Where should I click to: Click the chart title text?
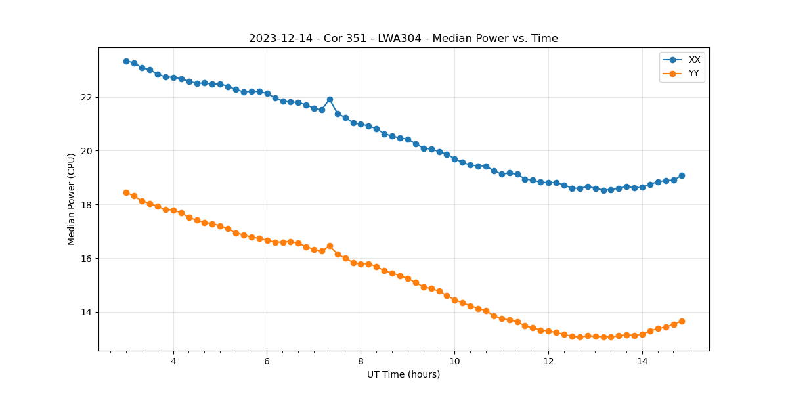403,39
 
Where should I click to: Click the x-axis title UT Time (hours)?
403,374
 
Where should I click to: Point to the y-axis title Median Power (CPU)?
72,199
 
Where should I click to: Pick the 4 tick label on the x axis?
173,361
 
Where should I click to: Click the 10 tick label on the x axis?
454,361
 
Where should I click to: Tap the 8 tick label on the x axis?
361,361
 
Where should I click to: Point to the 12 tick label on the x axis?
548,361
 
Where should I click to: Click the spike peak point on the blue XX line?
330,99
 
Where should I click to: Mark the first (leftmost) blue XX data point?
126,61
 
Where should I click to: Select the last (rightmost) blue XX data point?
682,175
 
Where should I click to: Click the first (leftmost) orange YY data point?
126,192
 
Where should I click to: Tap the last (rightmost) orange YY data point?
682,321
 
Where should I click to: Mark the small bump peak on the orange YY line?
330,246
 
